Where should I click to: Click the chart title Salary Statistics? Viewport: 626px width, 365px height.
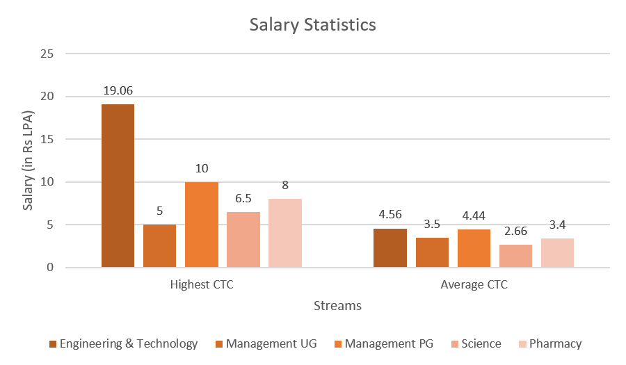click(x=313, y=25)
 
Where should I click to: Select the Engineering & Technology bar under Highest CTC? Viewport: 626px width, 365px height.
click(x=118, y=186)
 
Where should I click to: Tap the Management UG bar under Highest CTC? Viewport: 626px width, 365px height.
click(x=159, y=245)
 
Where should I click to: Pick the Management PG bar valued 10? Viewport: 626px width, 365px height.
click(x=201, y=225)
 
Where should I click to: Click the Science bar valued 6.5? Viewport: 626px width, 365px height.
click(x=243, y=239)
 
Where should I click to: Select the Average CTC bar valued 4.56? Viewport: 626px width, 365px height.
click(x=390, y=248)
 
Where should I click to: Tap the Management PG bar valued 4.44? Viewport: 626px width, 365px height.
click(x=474, y=248)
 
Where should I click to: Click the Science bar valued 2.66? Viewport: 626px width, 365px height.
click(x=515, y=256)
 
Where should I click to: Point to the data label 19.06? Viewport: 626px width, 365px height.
click(x=118, y=90)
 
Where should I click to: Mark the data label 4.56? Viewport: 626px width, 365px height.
click(x=390, y=215)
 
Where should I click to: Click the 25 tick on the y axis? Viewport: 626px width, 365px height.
click(x=47, y=54)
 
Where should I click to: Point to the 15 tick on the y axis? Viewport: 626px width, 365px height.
click(x=47, y=139)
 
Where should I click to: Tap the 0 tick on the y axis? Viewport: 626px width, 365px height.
click(x=49, y=268)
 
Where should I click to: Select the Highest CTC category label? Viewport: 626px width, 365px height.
click(x=201, y=285)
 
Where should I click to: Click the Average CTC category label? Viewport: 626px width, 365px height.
click(x=474, y=285)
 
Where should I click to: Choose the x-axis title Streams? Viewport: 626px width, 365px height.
click(x=337, y=305)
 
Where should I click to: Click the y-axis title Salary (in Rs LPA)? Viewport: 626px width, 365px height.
click(x=29, y=160)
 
